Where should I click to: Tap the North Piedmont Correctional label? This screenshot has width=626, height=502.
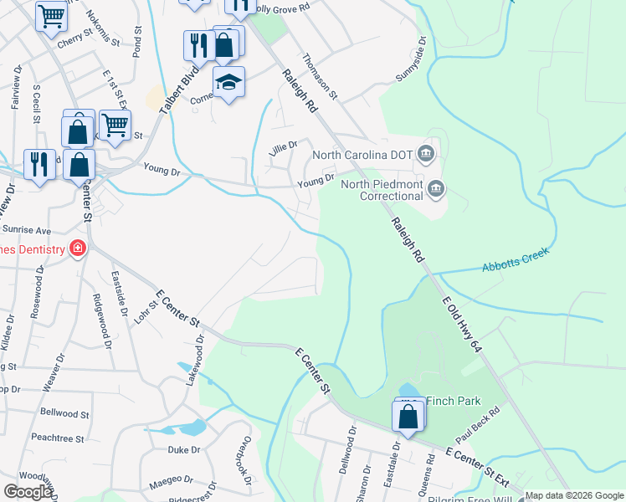click(x=382, y=190)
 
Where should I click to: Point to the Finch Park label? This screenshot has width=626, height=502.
click(x=452, y=401)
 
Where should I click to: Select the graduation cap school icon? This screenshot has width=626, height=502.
click(x=228, y=82)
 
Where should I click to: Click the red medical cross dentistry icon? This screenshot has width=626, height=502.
click(x=78, y=248)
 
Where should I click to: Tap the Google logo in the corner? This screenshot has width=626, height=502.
click(x=28, y=491)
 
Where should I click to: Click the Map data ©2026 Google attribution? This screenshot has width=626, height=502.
click(x=574, y=495)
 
